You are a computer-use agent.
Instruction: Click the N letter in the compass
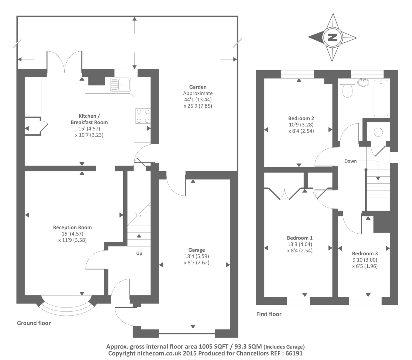(332, 37)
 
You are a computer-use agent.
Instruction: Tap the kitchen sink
(120, 84)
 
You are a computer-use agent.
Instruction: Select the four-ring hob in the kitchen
(143, 116)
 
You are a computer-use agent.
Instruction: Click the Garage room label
(196, 250)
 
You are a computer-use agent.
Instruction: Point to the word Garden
(198, 87)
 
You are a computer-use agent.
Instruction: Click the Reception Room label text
(72, 227)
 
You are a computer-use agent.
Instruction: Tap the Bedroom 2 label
(301, 118)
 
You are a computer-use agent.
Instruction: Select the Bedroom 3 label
(365, 253)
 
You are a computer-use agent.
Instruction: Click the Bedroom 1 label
(300, 238)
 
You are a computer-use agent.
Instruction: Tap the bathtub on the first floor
(381, 98)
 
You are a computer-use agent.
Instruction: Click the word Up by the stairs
(139, 253)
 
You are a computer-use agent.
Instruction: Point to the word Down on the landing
(351, 161)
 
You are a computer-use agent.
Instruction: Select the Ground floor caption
(34, 323)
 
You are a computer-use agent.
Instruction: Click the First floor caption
(269, 314)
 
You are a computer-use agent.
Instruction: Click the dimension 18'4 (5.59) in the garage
(197, 256)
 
